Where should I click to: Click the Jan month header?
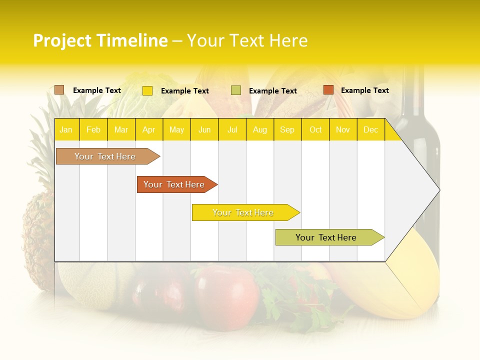(x=66, y=129)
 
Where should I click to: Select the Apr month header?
(x=149, y=129)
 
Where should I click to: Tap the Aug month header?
(x=259, y=129)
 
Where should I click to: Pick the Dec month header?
(x=370, y=129)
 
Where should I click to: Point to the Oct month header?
(x=315, y=129)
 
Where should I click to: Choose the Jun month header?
(x=204, y=129)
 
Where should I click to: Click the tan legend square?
(x=59, y=90)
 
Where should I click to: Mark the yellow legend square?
(x=147, y=90)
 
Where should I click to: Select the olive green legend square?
(x=236, y=90)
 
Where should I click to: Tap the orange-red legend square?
(x=328, y=90)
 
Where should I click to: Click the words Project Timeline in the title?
(x=100, y=40)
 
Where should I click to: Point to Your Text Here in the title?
(x=247, y=40)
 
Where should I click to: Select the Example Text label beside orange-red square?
(x=364, y=90)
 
